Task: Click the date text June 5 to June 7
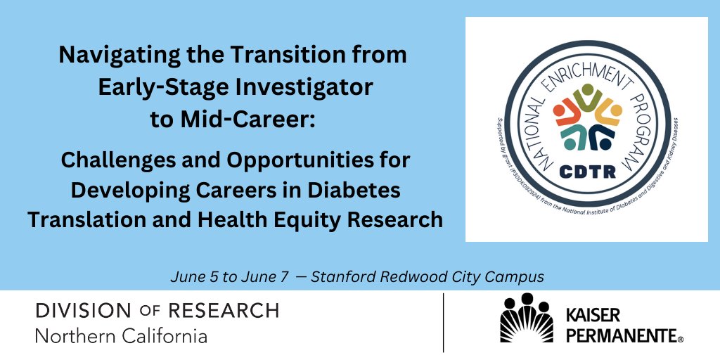click(x=229, y=277)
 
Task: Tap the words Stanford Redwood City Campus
click(x=427, y=277)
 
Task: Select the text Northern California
click(x=121, y=336)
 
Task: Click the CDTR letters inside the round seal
click(x=586, y=171)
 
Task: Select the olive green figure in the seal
click(x=587, y=99)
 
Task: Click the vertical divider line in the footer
click(x=443, y=323)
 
